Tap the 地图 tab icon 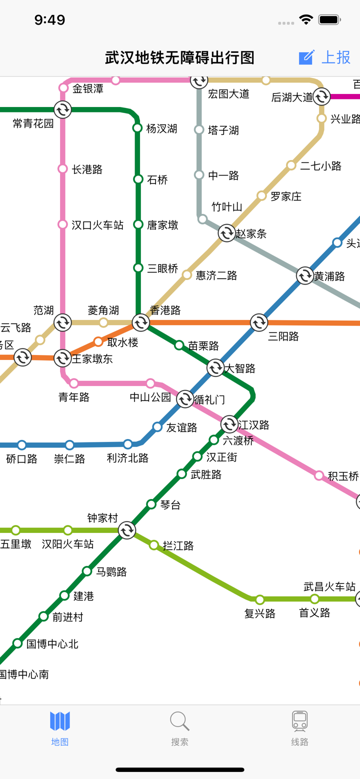[60, 721]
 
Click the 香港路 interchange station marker [141, 322]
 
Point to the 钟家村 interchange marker [127, 530]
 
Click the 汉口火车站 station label [97, 225]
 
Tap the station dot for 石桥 [138, 179]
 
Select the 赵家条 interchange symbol [226, 233]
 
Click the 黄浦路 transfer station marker [305, 275]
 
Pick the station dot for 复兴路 [260, 599]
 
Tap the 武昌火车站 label [329, 586]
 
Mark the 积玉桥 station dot [319, 475]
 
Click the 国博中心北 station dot [17, 643]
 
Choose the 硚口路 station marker [22, 445]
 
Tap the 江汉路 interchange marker [229, 424]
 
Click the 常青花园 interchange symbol [62, 109]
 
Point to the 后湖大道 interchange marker [321, 96]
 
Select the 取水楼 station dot [98, 342]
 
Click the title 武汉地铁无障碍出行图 [179, 57]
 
